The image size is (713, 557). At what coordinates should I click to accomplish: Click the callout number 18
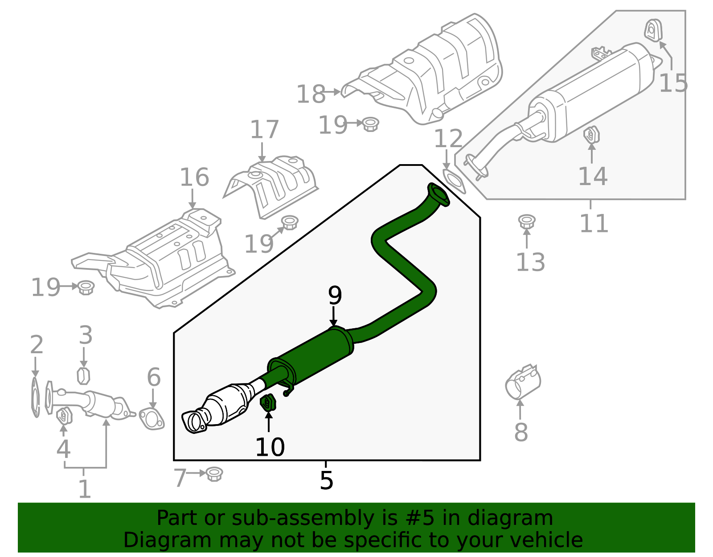pos(311,94)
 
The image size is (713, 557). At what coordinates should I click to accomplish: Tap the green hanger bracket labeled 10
pos(268,403)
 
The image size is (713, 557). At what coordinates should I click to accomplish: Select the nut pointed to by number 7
pos(215,474)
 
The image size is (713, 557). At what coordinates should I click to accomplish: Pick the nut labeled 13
pos(527,221)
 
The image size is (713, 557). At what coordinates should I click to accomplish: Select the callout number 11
pos(594,223)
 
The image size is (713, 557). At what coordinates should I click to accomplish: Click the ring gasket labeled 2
pos(35,397)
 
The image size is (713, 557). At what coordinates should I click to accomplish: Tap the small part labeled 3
pos(83,375)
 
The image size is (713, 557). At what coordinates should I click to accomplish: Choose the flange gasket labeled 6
pos(152,419)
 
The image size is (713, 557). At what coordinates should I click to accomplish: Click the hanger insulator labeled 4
pos(64,416)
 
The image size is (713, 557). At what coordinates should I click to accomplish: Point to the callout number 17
pos(264,130)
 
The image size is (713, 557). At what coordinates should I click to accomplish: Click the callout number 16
pos(194,177)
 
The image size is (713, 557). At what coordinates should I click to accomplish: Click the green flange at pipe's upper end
pos(439,194)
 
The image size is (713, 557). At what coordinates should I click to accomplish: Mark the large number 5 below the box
pos(326,480)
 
